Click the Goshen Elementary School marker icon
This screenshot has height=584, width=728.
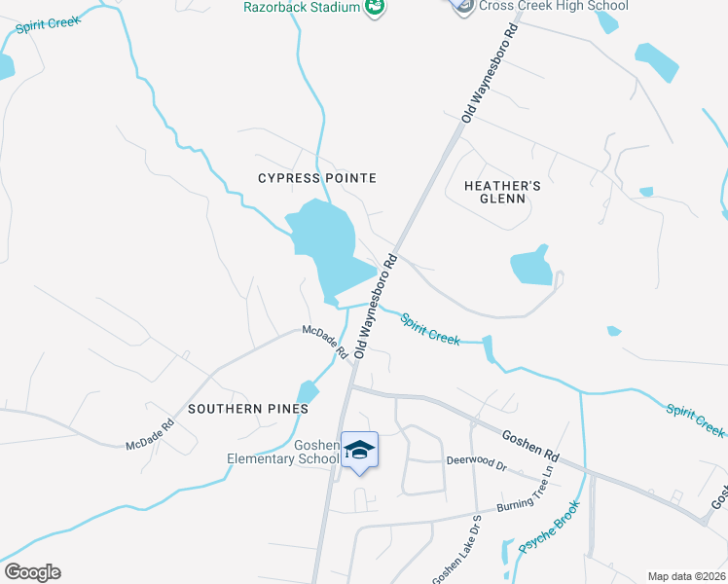pos(359,450)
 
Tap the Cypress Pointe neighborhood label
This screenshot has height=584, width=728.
pos(316,178)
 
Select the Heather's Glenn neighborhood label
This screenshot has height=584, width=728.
pos(494,192)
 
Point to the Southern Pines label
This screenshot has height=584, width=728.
pos(248,409)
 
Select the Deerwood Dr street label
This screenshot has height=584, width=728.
pos(477,460)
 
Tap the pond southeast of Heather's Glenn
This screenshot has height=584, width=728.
pos(531,266)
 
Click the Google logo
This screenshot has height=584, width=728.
pos(32,572)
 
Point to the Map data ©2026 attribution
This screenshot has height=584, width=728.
pos(685,576)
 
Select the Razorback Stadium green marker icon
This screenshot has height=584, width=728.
pos(374,8)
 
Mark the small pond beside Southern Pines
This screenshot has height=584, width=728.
pos(308,391)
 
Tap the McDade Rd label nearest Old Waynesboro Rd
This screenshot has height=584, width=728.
pos(324,342)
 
